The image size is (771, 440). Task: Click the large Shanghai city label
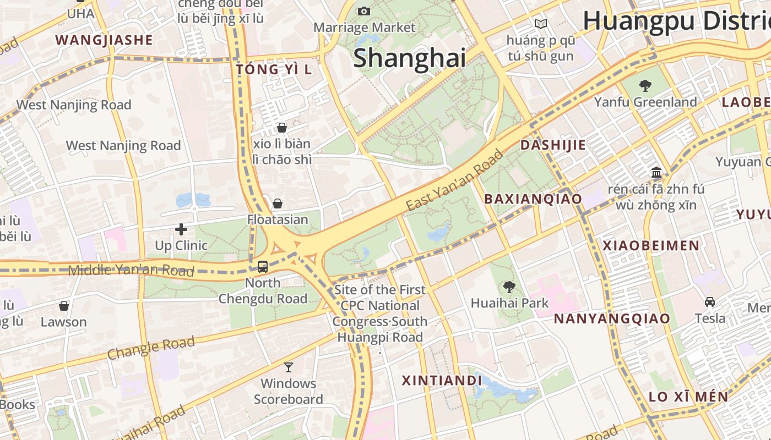pos(409,58)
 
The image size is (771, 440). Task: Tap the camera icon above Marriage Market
pos(363,11)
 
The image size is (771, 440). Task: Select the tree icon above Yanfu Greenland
pos(645,86)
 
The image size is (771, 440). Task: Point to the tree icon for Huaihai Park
pos(509,287)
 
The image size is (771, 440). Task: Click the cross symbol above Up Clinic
pos(181,229)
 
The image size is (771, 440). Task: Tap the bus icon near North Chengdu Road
pos(263,267)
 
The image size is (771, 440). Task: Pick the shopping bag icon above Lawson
pos(64,306)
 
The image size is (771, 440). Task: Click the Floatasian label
pos(278,219)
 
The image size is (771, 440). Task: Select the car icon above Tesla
pos(710,302)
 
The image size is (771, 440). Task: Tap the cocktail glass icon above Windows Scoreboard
pos(288,367)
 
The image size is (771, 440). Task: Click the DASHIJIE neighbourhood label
pos(553,145)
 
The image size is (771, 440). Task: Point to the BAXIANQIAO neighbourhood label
pos(533,199)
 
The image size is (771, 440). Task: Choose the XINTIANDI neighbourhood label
pos(442,381)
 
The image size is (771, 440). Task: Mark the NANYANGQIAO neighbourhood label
pos(612,319)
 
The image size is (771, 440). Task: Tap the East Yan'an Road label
pos(455,180)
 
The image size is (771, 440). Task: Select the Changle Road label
pos(151,348)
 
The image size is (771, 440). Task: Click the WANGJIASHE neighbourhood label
pos(104,40)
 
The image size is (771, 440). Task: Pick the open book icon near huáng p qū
pos(541,24)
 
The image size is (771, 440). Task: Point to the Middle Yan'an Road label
pos(131,270)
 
